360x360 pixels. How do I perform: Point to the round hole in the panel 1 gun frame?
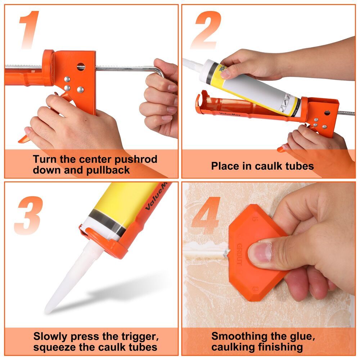pos(81,67)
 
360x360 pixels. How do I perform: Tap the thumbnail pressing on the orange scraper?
pos(260,252)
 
